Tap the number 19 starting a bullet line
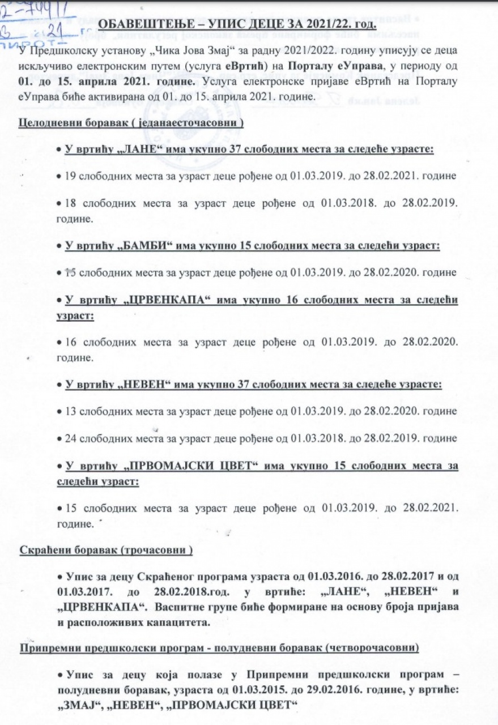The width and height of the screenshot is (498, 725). [x=71, y=176]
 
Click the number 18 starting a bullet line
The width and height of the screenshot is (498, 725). [x=71, y=202]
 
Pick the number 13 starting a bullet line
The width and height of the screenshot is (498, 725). [x=71, y=411]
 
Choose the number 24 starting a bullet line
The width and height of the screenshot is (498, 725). [x=71, y=437]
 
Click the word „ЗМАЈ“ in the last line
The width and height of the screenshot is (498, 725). [x=76, y=703]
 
